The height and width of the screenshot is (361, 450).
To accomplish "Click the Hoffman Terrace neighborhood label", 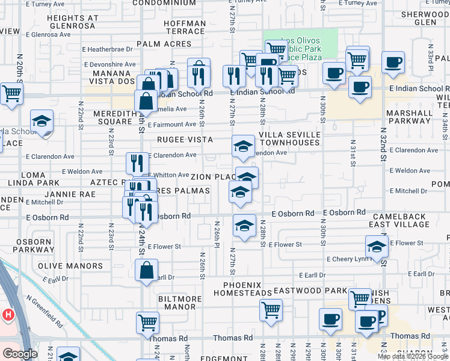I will pos(177,26).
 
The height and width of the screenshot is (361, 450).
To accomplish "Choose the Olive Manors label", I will pos(70,265).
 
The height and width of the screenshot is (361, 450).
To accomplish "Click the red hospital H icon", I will pos(8,314).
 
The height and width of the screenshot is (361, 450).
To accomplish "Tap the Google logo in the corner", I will pos(19,354).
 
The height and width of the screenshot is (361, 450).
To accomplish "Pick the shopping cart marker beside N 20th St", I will pos(12,94).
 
